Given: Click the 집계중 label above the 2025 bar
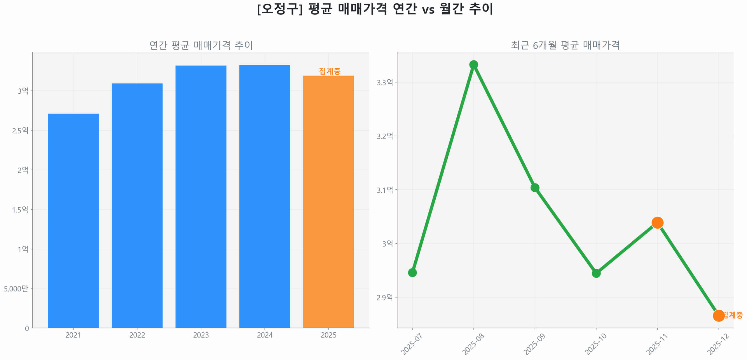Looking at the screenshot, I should pyautogui.click(x=329, y=71).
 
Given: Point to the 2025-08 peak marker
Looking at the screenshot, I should pyautogui.click(x=473, y=64).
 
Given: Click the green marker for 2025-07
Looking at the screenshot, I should pyautogui.click(x=412, y=272).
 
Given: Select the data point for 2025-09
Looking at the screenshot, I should pyautogui.click(x=535, y=187).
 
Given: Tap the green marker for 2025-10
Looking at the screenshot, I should pyautogui.click(x=596, y=273).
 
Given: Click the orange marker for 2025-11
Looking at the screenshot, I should pyautogui.click(x=657, y=223).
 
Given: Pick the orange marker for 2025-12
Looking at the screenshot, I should pyautogui.click(x=718, y=315).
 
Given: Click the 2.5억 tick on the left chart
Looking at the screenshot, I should pyautogui.click(x=20, y=130).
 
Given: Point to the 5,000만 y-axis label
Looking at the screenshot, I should pyautogui.click(x=16, y=289).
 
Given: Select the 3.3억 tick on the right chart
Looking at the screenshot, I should pyautogui.click(x=385, y=82).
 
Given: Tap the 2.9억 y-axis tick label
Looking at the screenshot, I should pyautogui.click(x=385, y=297).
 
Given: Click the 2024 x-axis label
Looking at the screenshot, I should pyautogui.click(x=265, y=335).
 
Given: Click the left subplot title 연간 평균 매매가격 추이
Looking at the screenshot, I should pyautogui.click(x=201, y=45).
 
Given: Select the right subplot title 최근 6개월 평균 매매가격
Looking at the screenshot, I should pyautogui.click(x=565, y=45).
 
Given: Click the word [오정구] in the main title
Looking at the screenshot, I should pyautogui.click(x=280, y=9).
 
